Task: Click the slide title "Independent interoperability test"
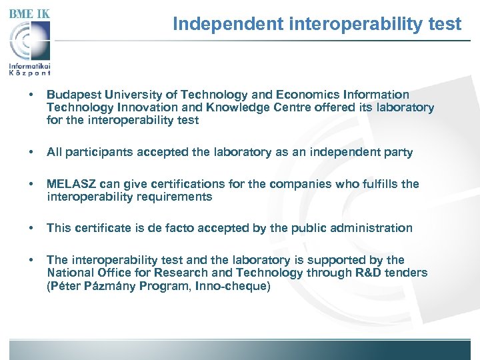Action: [x=317, y=25]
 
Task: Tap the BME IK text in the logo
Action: [x=29, y=13]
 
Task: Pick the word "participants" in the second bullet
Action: [x=99, y=152]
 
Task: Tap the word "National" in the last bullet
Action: [x=69, y=273]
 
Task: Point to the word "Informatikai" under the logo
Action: [x=29, y=66]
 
